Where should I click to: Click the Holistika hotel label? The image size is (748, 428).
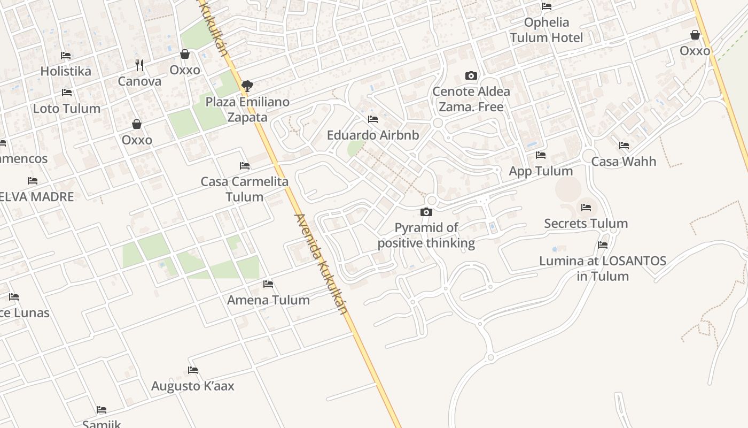[66, 71]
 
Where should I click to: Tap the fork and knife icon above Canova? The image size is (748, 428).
[139, 65]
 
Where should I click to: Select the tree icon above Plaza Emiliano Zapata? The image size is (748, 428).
[247, 86]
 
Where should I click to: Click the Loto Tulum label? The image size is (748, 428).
[66, 109]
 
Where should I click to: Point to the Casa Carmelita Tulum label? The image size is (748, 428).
[244, 189]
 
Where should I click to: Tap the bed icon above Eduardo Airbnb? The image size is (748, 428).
[373, 119]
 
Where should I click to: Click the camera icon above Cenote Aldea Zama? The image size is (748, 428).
[471, 75]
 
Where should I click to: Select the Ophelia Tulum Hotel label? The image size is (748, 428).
[546, 30]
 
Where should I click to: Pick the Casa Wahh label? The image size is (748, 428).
[624, 161]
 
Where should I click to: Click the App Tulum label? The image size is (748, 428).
[541, 171]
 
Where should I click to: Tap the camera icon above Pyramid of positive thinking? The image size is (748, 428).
[426, 212]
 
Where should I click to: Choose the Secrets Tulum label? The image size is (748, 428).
[586, 223]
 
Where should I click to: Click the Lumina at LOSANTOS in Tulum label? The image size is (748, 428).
[602, 269]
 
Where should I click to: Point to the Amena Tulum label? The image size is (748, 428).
[268, 300]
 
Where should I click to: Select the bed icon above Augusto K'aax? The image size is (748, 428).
[193, 370]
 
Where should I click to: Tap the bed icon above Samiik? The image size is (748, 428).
[102, 410]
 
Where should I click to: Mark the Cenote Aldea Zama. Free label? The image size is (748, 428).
[471, 99]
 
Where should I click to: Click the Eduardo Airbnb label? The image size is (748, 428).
[372, 135]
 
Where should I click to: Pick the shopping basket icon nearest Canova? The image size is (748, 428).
[185, 54]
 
